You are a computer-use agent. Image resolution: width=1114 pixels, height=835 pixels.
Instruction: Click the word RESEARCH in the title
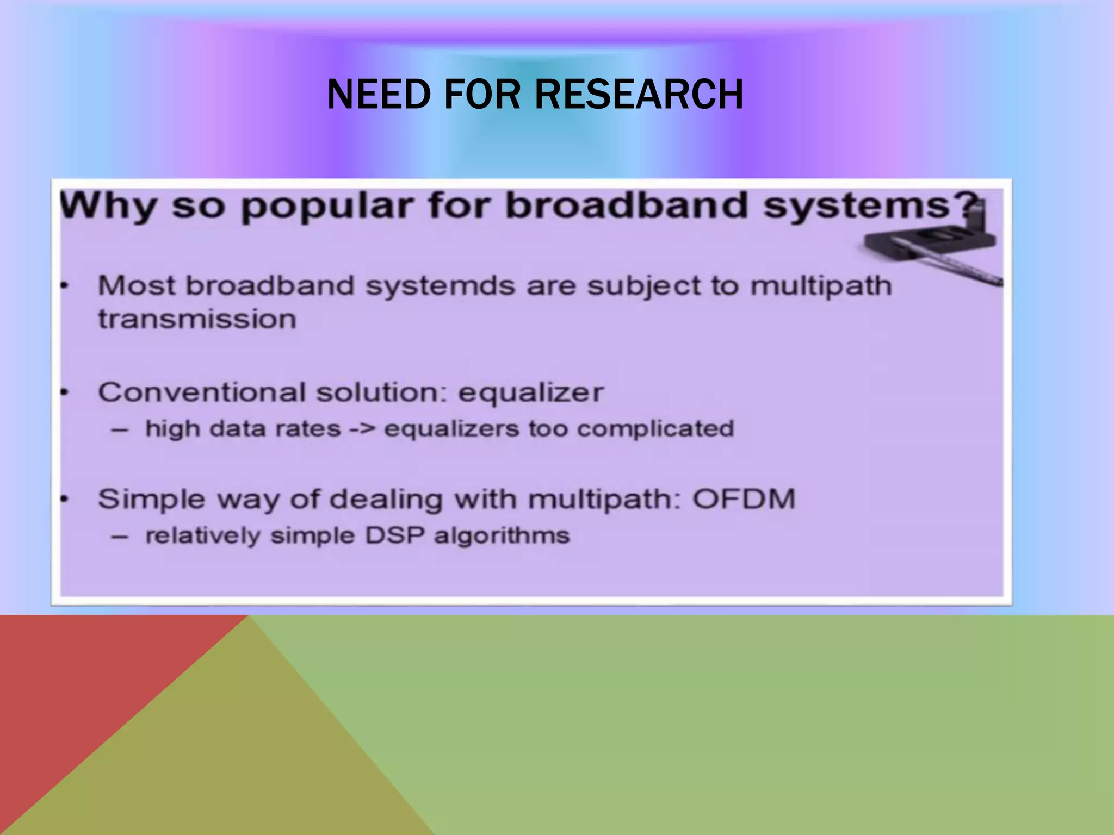pyautogui.click(x=639, y=95)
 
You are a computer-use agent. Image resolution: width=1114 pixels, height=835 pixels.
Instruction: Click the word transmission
pyautogui.click(x=197, y=319)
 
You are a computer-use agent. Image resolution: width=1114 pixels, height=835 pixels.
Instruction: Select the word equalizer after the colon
pyautogui.click(x=531, y=393)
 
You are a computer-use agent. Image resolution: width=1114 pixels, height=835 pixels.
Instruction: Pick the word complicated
pyautogui.click(x=655, y=429)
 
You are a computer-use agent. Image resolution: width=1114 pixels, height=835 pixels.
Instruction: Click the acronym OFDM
pyautogui.click(x=744, y=498)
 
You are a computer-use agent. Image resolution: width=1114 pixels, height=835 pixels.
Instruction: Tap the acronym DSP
pyautogui.click(x=395, y=535)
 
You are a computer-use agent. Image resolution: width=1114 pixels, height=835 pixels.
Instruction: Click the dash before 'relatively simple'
pyautogui.click(x=120, y=537)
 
